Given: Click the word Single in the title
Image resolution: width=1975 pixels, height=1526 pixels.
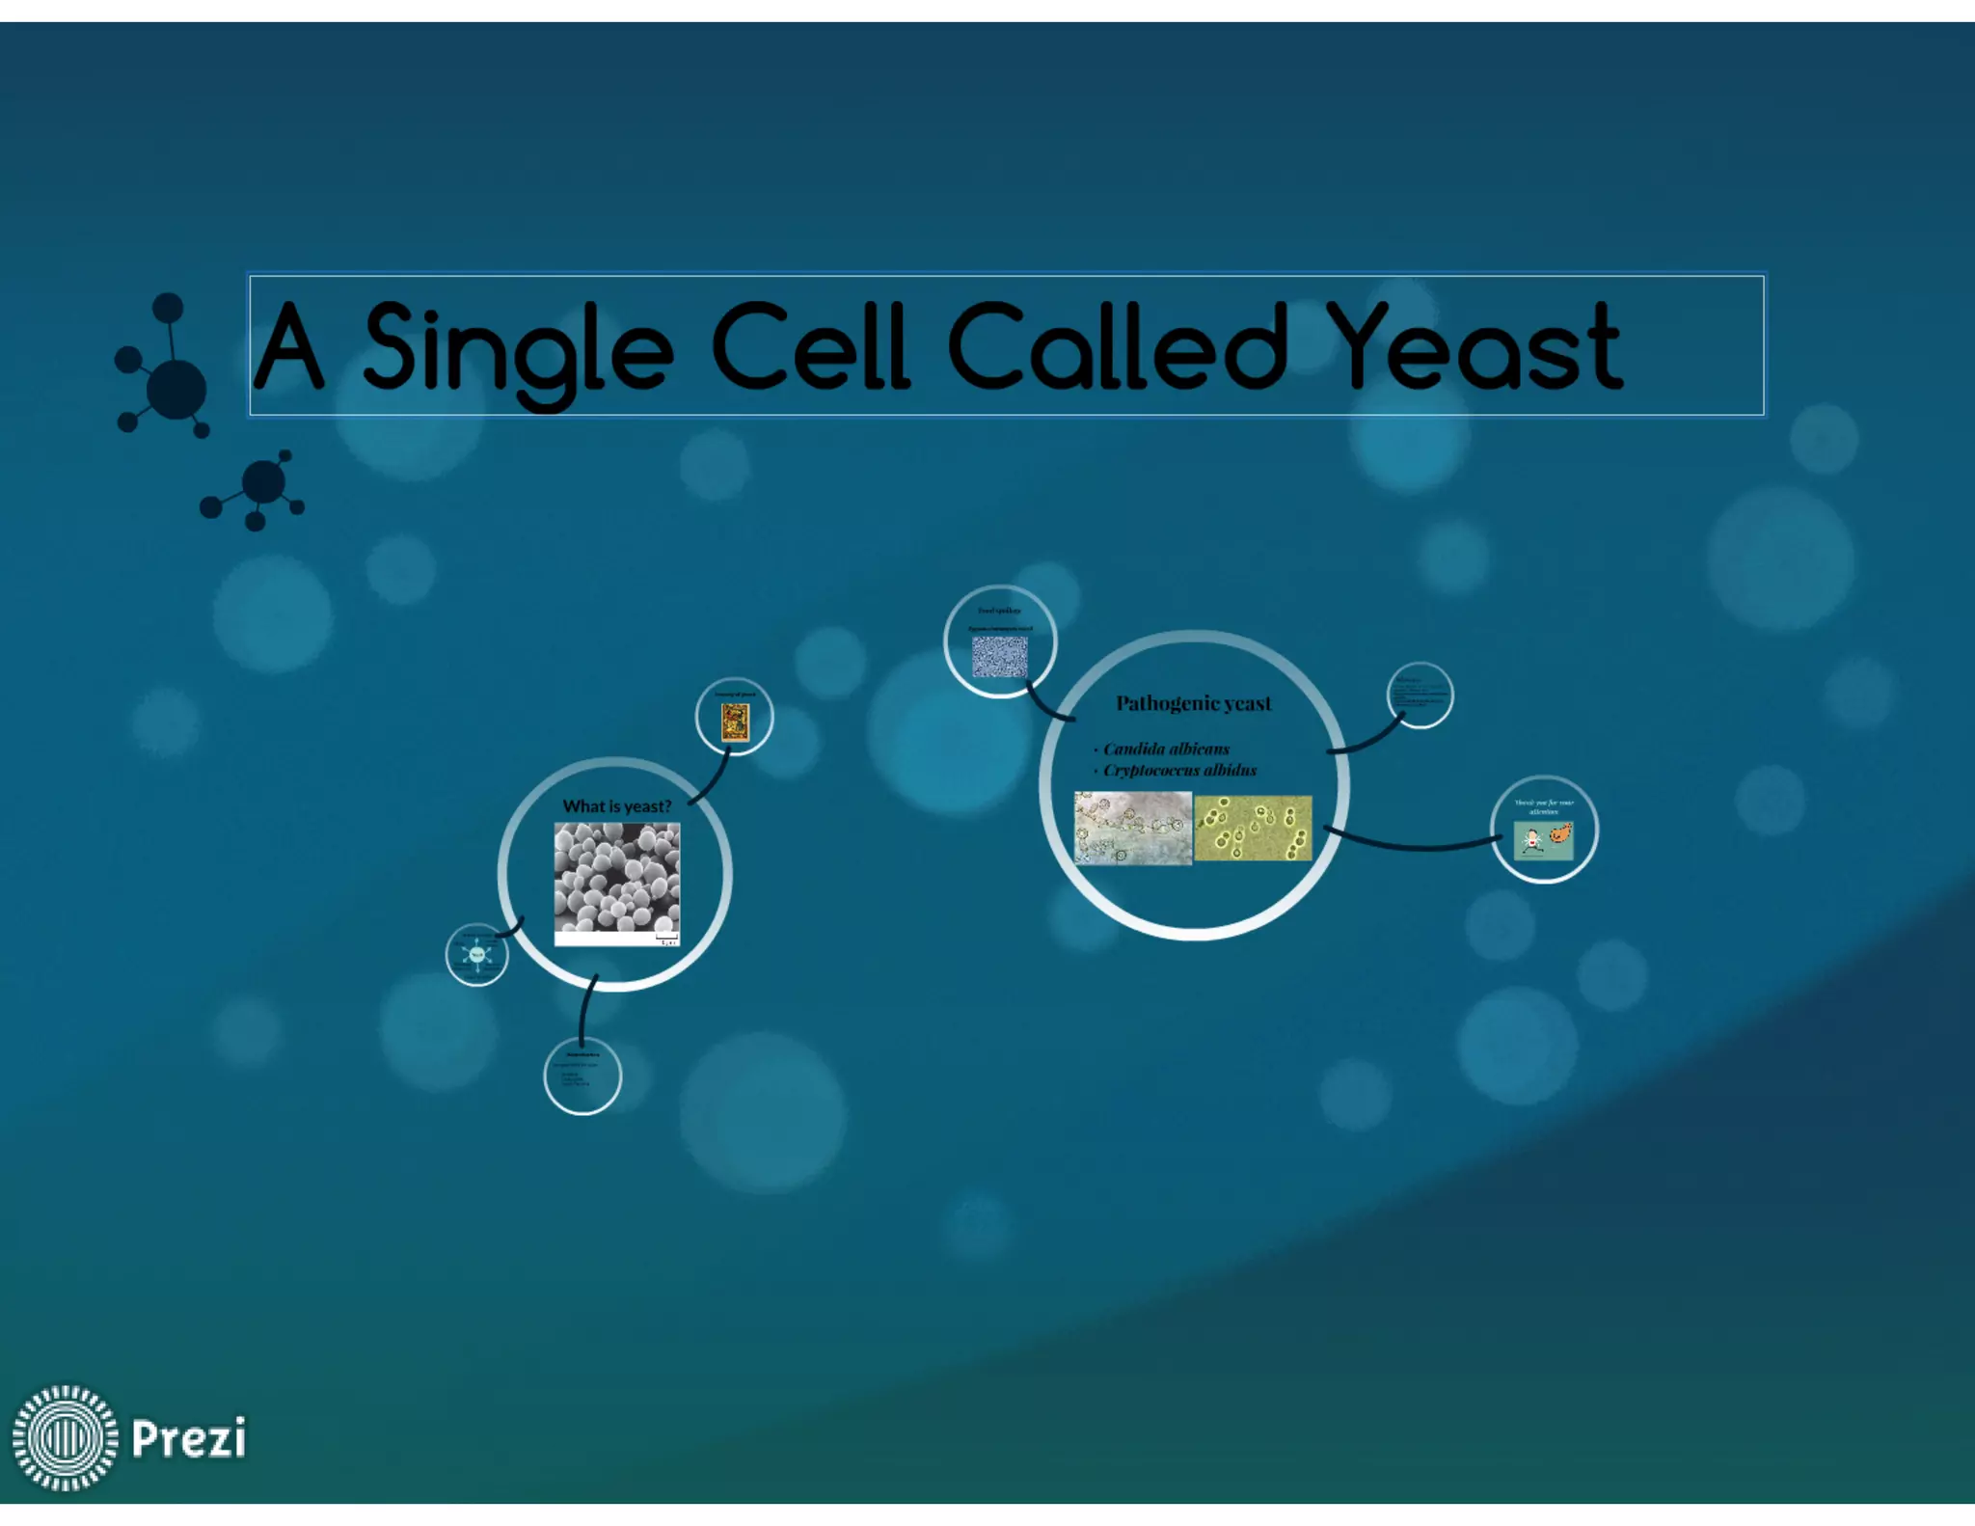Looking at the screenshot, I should pos(518,348).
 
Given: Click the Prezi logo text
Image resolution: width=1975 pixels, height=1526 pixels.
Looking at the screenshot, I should pos(189,1438).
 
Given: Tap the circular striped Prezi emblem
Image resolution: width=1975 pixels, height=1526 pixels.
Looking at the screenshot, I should pos(65,1437).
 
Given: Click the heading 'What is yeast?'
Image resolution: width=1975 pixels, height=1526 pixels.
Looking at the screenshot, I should pos(616,806).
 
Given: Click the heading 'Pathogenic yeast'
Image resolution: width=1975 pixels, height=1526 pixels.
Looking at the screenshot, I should pos(1193,703).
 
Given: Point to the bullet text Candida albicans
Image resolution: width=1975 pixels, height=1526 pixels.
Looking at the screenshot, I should pos(1166,749).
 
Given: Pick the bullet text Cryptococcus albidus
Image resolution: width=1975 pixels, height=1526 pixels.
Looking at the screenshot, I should pos(1179,770).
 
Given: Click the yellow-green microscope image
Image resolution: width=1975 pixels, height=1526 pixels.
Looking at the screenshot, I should pos(1253,828).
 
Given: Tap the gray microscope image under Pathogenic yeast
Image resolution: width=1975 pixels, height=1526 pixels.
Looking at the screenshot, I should pos(1133,828).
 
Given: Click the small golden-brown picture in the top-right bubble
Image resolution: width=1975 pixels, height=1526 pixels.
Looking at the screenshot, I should pos(735,722).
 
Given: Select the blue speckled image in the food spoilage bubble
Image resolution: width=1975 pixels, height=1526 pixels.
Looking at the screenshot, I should pos(999,656).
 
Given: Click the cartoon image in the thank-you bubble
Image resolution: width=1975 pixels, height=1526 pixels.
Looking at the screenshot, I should pos(1543,840).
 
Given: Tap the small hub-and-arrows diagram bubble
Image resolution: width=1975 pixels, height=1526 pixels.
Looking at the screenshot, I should pos(477,955).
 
